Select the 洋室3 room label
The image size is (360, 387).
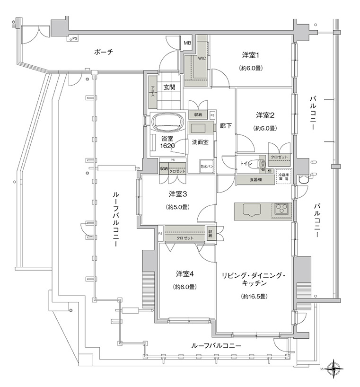point(178,194)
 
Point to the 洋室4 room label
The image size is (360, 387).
point(185,274)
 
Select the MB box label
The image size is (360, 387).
point(187,44)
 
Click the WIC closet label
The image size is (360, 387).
point(202,59)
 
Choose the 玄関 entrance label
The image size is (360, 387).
point(170,87)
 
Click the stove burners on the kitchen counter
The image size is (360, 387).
point(282,209)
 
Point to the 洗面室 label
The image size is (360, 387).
point(201,142)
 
